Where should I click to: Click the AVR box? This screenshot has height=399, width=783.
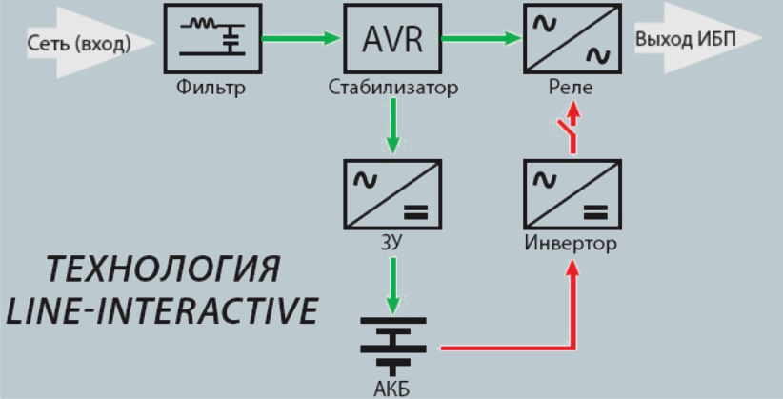click(391, 39)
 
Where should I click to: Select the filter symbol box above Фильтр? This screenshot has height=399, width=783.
click(214, 39)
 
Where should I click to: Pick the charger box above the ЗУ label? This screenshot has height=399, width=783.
click(391, 194)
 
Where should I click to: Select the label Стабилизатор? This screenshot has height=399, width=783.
click(392, 90)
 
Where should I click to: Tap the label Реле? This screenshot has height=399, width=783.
click(571, 90)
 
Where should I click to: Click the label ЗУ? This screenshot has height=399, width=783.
click(391, 243)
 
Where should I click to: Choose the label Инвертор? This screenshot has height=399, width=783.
click(571, 243)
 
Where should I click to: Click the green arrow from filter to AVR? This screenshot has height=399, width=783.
click(301, 39)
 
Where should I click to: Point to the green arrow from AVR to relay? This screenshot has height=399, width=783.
click(479, 39)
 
